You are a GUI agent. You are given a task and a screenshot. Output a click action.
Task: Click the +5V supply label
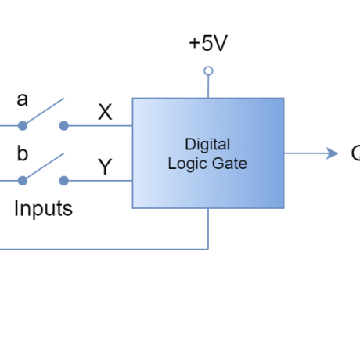click(x=207, y=45)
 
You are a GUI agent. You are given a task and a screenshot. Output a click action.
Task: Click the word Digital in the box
click(x=207, y=144)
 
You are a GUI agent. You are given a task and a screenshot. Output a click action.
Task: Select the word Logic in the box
click(x=187, y=164)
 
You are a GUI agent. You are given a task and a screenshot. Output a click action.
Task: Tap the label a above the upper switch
click(x=23, y=100)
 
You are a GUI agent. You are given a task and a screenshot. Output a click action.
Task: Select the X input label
click(x=105, y=111)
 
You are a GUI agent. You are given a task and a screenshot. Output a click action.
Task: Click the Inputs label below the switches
click(x=47, y=209)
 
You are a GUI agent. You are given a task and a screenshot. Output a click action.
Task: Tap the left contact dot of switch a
click(x=23, y=125)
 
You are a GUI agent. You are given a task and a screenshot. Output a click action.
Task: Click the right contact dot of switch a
click(x=64, y=125)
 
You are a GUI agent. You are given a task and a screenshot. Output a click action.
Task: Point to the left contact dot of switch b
click(x=23, y=181)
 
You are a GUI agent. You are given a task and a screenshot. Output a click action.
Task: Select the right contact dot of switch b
click(x=64, y=181)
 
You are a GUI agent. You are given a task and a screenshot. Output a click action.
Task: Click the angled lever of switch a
click(x=43, y=112)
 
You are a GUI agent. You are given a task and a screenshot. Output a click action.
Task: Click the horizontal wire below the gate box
click(x=102, y=249)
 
